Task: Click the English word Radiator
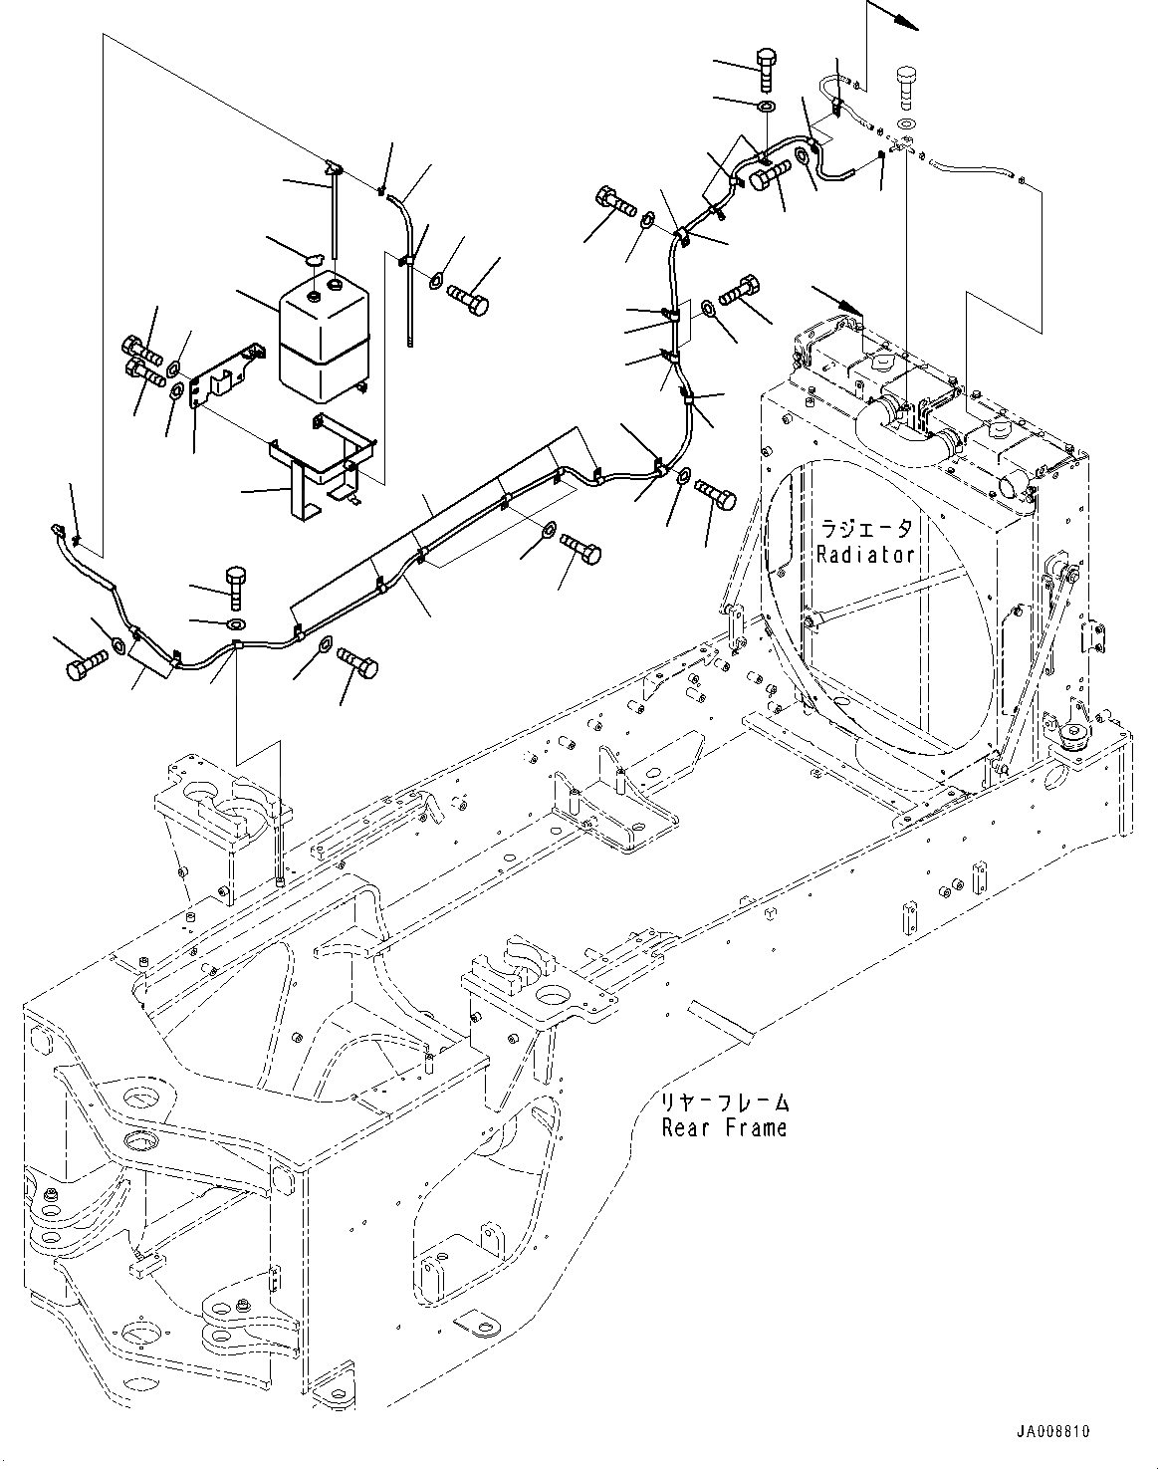pos(864,555)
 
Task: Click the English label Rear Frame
pos(724,1127)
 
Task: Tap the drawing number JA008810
pos(1052,1432)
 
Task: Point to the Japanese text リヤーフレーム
pos(724,1102)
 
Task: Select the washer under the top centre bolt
pos(768,107)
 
